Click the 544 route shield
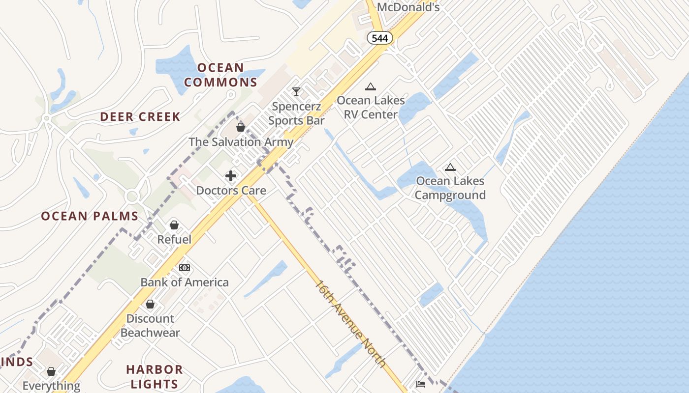coord(379,38)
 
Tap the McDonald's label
coord(408,7)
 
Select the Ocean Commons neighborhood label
coord(221,75)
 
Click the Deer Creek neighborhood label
coord(140,117)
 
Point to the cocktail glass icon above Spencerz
coord(296,92)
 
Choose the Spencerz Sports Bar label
coord(296,113)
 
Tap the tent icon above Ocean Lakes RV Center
coord(371,87)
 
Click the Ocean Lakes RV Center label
coord(371,108)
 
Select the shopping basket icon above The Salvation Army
coord(241,127)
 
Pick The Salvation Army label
coord(241,142)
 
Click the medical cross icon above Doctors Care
coord(231,175)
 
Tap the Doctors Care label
coord(231,190)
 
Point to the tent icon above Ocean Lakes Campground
coord(450,168)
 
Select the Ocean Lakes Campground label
coord(450,188)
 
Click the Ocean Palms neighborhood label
coord(90,216)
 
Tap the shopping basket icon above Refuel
coord(174,225)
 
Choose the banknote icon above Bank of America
coord(185,268)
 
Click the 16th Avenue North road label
coord(350,323)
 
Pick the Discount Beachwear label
coord(150,325)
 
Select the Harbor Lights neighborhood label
coord(154,376)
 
